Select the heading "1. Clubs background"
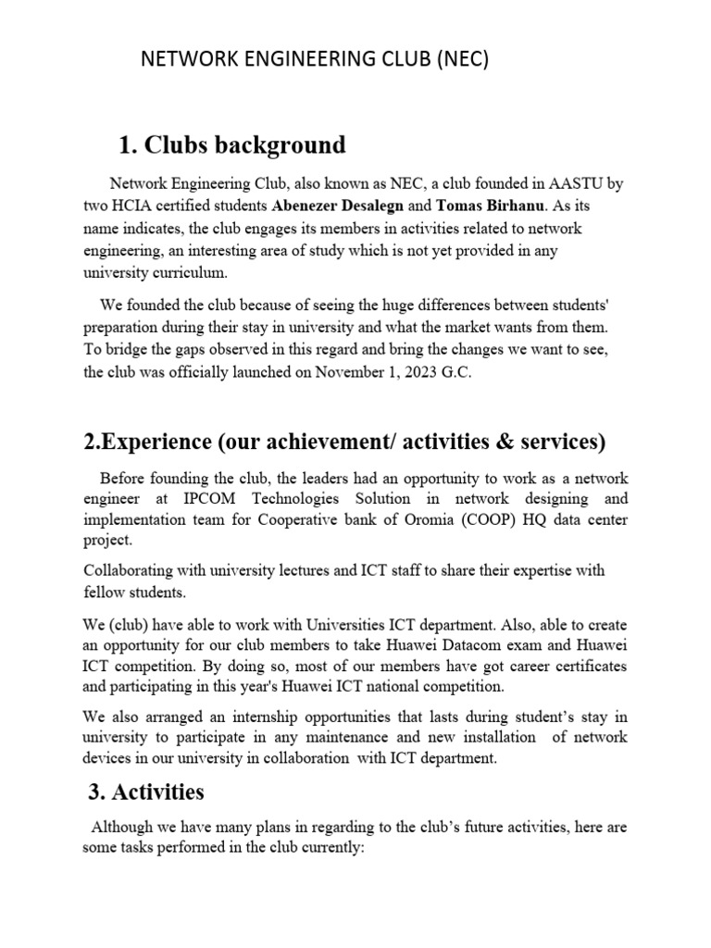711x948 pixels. [x=232, y=145]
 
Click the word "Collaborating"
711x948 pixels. [x=129, y=571]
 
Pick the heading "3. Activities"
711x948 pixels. [x=146, y=792]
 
